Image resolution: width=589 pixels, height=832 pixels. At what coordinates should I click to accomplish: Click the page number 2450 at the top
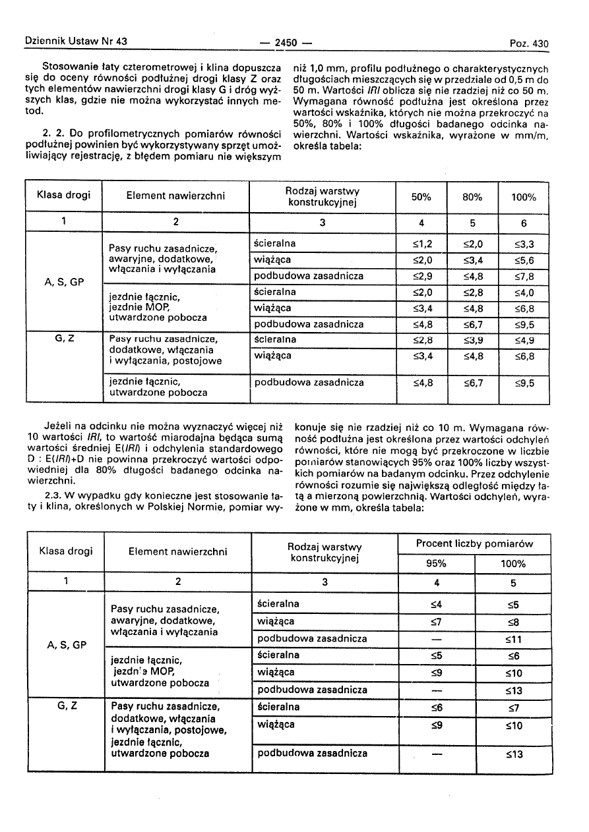pos(286,43)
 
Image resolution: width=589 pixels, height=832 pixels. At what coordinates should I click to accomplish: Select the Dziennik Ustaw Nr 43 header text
pos(76,41)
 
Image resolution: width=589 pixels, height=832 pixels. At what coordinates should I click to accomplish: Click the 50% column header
pos(421,197)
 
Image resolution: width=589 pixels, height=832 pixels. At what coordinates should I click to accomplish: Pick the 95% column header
pos(436,563)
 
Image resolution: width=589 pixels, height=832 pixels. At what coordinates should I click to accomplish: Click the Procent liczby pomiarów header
pos(474,544)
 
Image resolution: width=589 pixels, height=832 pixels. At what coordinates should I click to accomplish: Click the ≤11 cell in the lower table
pos(513,639)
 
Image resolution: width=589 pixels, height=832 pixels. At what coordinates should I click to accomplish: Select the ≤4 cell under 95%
pos(436,604)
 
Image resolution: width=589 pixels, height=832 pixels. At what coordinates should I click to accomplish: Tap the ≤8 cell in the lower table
pos(513,621)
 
